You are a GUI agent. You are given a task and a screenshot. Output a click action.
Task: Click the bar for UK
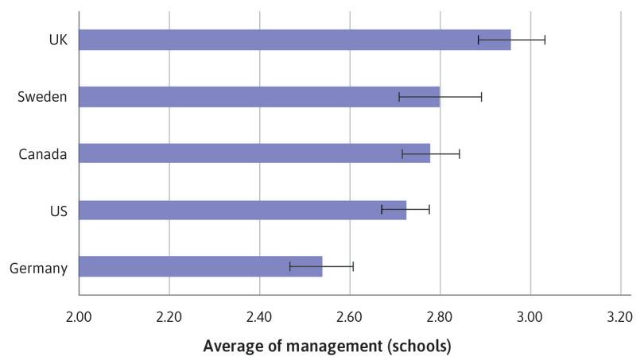[x=294, y=40]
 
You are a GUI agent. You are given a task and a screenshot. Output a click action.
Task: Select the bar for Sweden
[x=259, y=97]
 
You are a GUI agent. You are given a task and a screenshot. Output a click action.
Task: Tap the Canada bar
[x=254, y=153]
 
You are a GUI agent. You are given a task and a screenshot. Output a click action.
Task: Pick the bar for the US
[x=242, y=210]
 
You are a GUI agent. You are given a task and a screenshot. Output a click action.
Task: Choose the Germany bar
[x=200, y=267]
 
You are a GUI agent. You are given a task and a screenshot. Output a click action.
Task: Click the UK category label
[x=56, y=40]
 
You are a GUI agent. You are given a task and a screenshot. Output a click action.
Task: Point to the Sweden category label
[x=42, y=97]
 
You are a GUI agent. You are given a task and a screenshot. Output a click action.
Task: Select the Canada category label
[x=43, y=153]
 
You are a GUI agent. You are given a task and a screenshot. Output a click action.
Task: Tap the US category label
[x=58, y=211]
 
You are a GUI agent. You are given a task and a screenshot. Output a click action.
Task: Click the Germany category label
[x=38, y=268]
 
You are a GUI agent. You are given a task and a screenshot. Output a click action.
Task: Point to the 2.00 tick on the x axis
[x=79, y=315]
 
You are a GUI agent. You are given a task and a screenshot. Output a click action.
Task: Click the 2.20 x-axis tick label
[x=169, y=315]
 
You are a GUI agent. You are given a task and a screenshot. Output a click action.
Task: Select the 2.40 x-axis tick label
[x=259, y=315]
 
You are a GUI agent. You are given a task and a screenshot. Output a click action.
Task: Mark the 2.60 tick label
[x=350, y=315]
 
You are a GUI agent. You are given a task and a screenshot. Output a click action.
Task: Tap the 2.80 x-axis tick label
[x=440, y=315]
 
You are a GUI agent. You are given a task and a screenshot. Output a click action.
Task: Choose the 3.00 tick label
[x=530, y=315]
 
